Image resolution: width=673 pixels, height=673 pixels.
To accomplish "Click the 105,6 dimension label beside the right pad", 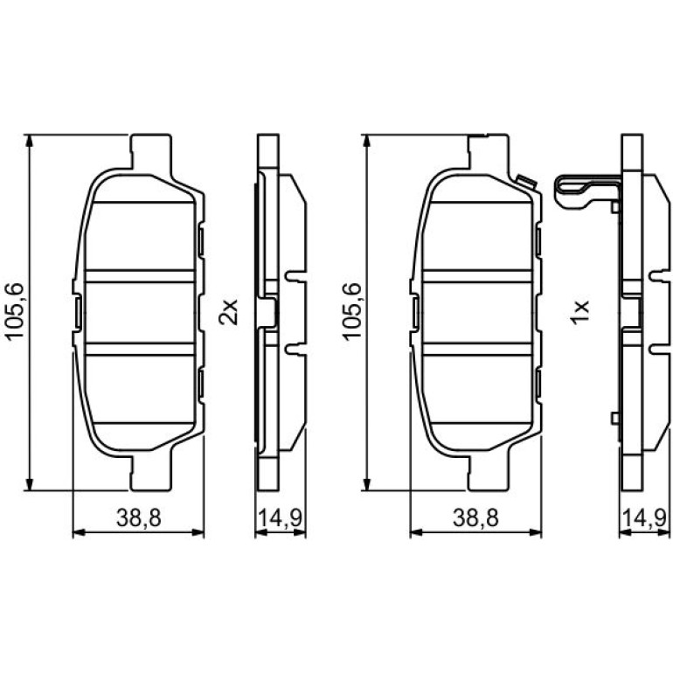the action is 352,312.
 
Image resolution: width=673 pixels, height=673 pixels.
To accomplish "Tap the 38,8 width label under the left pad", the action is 139,518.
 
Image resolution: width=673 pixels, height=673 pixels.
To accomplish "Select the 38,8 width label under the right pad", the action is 475,518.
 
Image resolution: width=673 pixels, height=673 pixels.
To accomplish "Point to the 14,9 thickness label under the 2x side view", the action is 280,518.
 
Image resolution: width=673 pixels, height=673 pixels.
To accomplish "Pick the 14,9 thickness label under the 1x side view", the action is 644,518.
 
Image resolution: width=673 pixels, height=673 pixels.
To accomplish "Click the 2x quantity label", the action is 228,312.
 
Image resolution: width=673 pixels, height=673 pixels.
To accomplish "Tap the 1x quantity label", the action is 579,312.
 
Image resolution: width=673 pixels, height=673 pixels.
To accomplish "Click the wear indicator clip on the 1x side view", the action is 586,192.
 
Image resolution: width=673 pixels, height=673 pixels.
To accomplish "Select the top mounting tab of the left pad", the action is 151,153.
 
